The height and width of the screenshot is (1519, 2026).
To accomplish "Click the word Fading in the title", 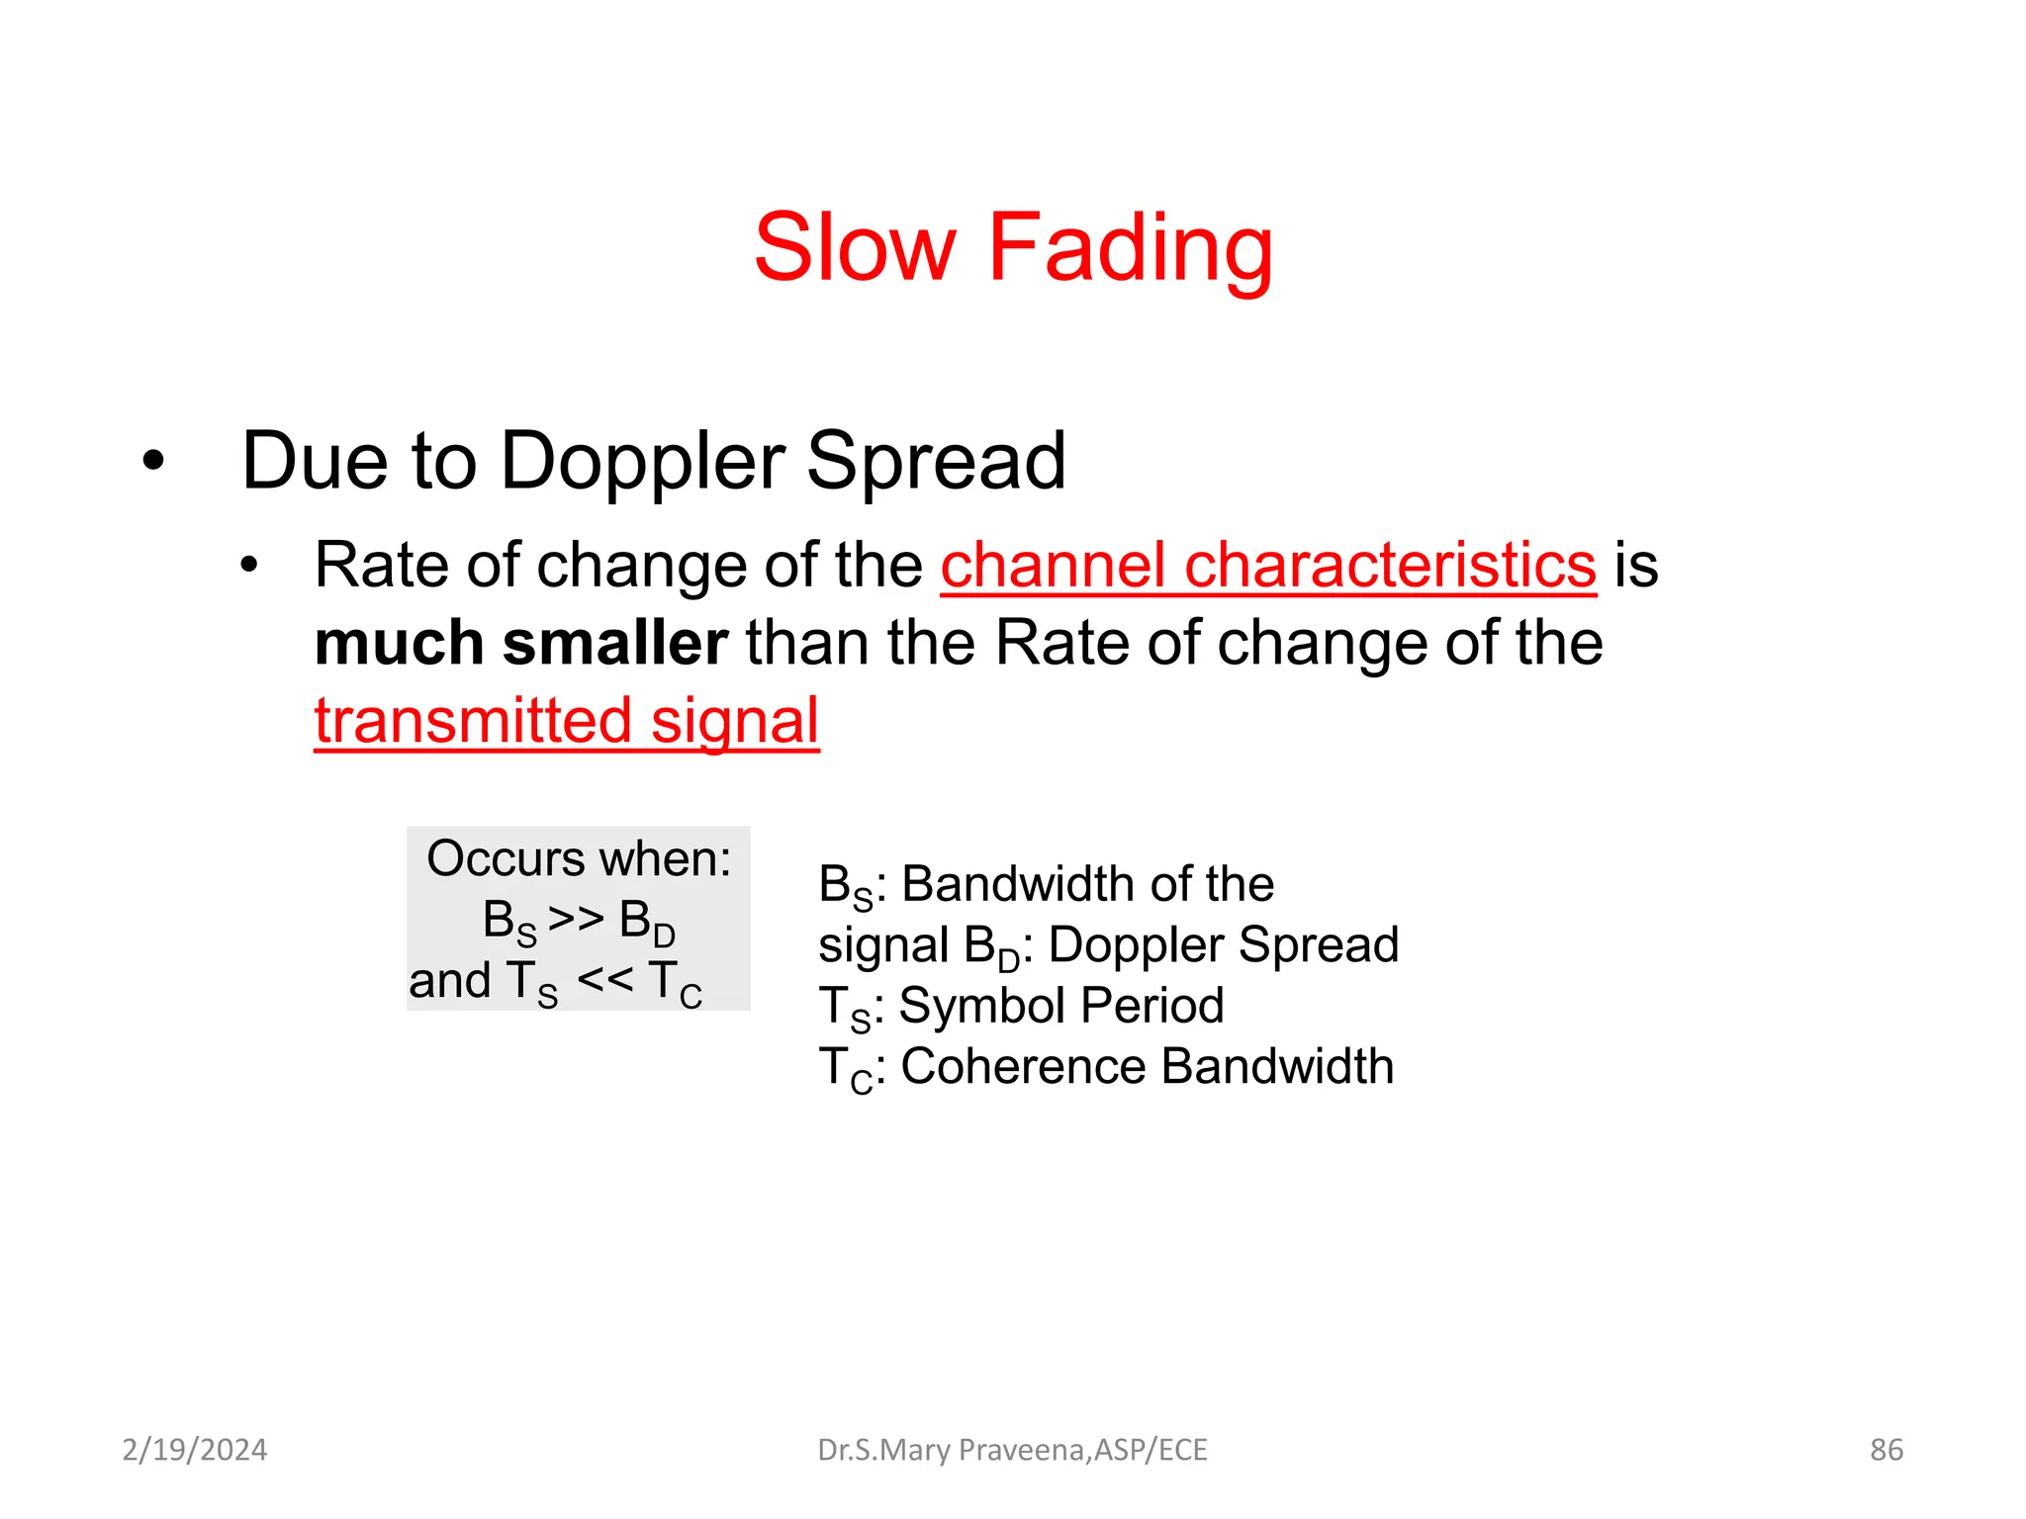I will tap(1130, 249).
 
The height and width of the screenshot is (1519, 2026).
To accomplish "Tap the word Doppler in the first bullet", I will tap(642, 461).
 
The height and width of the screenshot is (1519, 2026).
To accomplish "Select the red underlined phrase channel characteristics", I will tap(1268, 566).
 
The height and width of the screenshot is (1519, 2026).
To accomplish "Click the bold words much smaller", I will tap(521, 644).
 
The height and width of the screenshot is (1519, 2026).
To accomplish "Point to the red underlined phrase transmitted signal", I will tap(567, 721).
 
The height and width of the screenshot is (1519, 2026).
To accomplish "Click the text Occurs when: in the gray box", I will tap(579, 858).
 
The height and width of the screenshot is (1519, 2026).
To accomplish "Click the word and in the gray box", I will tap(450, 981).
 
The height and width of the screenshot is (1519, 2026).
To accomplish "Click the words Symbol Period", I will tap(1061, 1006).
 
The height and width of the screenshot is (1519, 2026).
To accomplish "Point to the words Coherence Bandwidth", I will tap(1148, 1067).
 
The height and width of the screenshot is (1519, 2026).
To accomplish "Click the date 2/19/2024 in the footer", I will tap(195, 1450).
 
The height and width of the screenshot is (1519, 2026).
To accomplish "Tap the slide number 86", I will tap(1886, 1450).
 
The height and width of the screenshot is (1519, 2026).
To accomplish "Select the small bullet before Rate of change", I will tap(248, 566).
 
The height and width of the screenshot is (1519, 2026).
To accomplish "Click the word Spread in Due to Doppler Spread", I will tap(936, 461).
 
